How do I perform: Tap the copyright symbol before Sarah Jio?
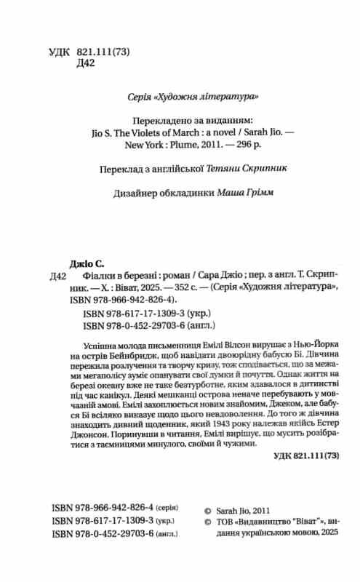point(206,509)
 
